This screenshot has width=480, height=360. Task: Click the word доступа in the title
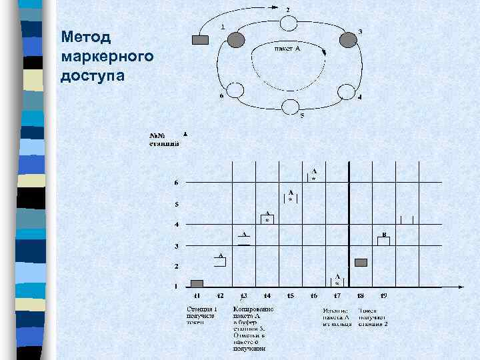pos(92,74)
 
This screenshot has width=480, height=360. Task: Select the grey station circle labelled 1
pos(236,40)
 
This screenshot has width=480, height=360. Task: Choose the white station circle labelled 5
pos(291,107)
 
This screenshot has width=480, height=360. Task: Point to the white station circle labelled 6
pos(236,91)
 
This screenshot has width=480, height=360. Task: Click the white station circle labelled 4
pos(346,91)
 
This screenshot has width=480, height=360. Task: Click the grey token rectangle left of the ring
pos(200,40)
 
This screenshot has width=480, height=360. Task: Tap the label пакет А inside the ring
pos(287,49)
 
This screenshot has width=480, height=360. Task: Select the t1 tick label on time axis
pos(197,295)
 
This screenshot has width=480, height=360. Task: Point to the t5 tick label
pos(290,295)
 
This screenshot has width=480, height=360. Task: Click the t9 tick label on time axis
pos(383,295)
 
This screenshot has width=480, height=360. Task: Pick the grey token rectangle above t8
pos(361,262)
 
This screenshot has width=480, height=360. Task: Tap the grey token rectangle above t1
pos(197,283)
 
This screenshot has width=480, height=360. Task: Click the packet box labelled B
pos(383,241)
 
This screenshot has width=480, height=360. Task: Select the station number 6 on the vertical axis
pos(176,183)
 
